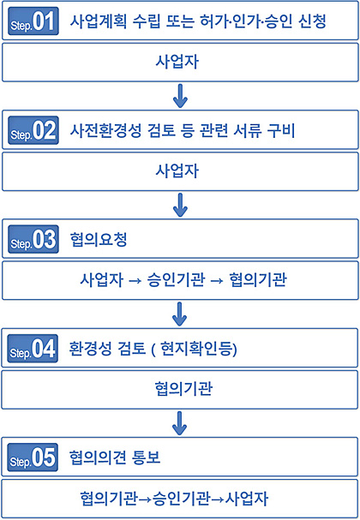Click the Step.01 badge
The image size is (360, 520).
(33, 21)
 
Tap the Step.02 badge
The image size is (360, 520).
(33, 130)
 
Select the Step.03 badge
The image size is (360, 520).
(33, 239)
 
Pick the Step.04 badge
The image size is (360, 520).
(33, 348)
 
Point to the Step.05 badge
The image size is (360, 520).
(33, 457)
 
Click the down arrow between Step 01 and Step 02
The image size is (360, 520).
(180, 96)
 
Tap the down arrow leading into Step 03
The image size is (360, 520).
(180, 205)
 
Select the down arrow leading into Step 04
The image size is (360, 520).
(179, 314)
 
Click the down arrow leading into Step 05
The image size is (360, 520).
(179, 423)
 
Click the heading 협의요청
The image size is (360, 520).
(99, 239)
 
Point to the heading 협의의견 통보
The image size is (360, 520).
(115, 457)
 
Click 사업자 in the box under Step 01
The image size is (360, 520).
(177, 62)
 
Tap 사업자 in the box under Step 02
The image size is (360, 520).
(177, 170)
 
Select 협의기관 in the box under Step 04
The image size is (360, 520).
(183, 389)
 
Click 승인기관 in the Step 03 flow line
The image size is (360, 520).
(176, 279)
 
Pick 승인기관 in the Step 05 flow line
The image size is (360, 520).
(181, 498)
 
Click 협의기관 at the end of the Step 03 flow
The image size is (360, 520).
(258, 279)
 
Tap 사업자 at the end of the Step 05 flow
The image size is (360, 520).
(247, 498)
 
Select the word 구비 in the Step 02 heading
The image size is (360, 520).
(281, 130)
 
